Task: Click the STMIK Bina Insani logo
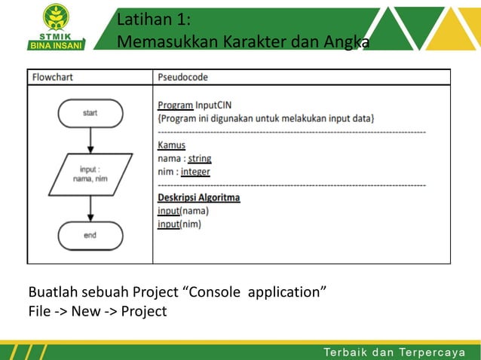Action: pos(57,26)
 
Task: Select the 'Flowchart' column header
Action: pos(53,77)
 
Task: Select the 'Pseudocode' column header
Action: pos(183,77)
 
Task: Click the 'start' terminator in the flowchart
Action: pos(90,113)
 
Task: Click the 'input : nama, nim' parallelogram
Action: pos(90,174)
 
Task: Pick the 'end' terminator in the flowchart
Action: pos(90,235)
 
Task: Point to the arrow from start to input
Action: pos(90,140)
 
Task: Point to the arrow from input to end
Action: pos(90,206)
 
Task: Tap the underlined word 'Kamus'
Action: pos(171,145)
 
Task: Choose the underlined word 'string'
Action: pos(199,158)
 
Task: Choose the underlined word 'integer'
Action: pos(195,172)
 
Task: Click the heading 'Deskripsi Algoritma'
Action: pos(198,198)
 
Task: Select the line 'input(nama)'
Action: pos(182,212)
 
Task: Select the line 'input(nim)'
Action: pos(179,224)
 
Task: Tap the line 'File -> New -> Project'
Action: pos(97,311)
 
